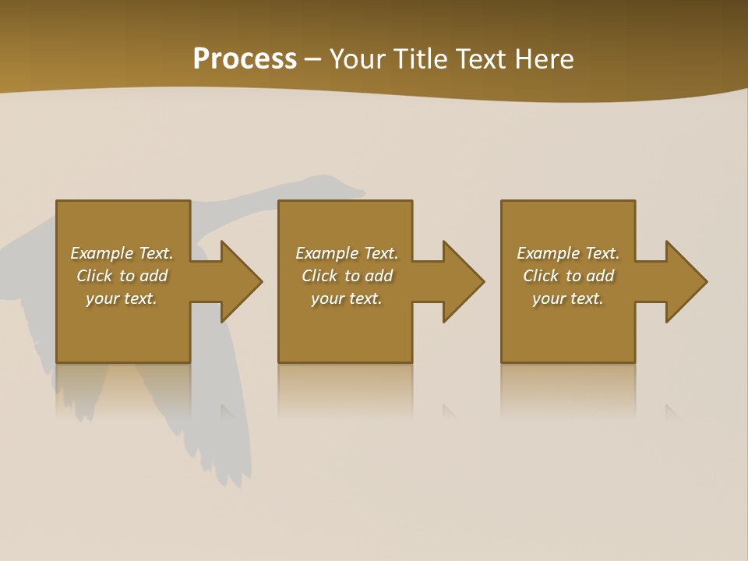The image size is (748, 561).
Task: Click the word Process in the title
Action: point(245,58)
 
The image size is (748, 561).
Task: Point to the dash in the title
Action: point(313,60)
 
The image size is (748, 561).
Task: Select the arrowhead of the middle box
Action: point(462,281)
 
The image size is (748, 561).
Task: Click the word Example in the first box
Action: point(102,253)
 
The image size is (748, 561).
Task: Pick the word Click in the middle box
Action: point(320,276)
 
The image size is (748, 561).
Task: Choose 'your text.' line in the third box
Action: point(568,298)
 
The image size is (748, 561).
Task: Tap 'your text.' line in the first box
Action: point(122,298)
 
